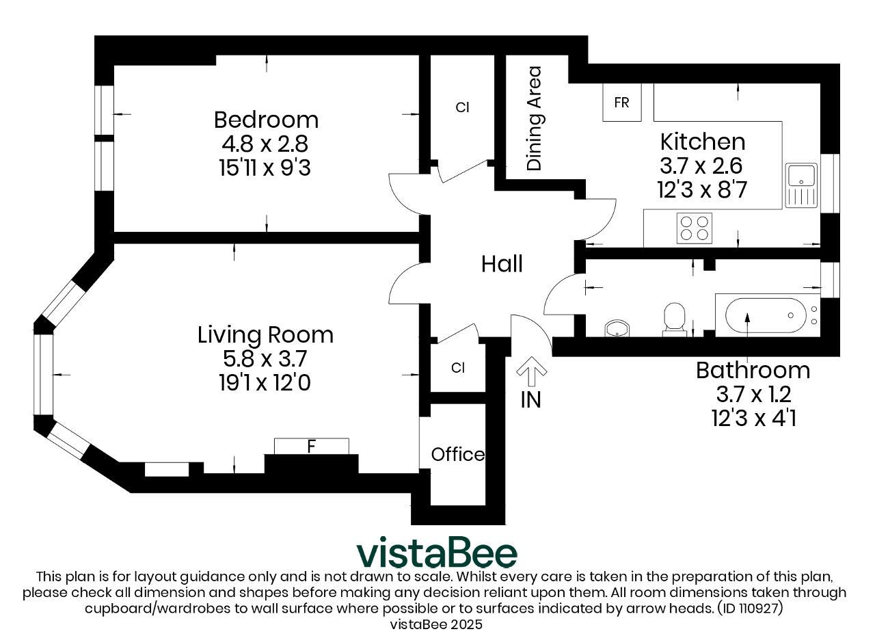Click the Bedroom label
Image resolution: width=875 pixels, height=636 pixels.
pyautogui.click(x=266, y=120)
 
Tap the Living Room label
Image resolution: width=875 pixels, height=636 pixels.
pyautogui.click(x=265, y=335)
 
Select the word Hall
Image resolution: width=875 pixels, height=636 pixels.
pyautogui.click(x=502, y=264)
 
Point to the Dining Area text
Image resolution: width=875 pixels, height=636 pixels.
pyautogui.click(x=534, y=118)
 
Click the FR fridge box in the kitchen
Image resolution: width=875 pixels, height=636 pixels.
pyautogui.click(x=622, y=103)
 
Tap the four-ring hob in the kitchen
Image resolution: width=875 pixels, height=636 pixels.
pyautogui.click(x=694, y=228)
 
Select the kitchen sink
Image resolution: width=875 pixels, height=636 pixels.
pyautogui.click(x=801, y=185)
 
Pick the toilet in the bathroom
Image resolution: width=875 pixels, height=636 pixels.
pyautogui.click(x=674, y=319)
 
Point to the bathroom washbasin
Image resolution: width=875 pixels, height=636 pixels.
pyautogui.click(x=617, y=328)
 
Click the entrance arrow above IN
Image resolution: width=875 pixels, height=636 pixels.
pyautogui.click(x=531, y=371)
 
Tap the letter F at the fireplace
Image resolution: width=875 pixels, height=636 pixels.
pyautogui.click(x=311, y=446)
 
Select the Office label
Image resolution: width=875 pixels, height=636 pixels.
pyautogui.click(x=458, y=454)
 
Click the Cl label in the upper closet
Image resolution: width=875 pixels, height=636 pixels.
pyautogui.click(x=463, y=107)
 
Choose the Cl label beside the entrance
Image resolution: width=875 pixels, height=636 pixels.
pyautogui.click(x=458, y=368)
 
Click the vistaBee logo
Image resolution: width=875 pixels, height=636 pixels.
pyautogui.click(x=437, y=553)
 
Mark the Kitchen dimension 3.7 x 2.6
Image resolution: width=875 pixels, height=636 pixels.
pyautogui.click(x=701, y=165)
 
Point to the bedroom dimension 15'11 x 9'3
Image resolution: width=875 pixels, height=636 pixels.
pyautogui.click(x=265, y=168)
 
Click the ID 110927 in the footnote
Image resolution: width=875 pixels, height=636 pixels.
pyautogui.click(x=750, y=609)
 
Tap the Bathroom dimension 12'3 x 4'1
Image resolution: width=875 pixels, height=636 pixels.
pyautogui.click(x=754, y=418)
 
